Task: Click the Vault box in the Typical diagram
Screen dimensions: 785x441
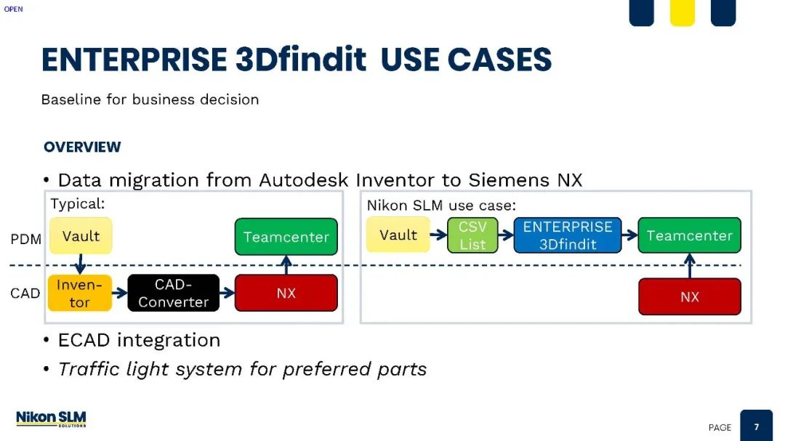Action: point(81,235)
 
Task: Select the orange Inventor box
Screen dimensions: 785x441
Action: point(80,293)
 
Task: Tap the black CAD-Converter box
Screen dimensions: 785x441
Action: point(173,293)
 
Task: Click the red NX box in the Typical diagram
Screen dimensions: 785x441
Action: point(286,293)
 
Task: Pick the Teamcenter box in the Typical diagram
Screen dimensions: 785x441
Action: point(286,236)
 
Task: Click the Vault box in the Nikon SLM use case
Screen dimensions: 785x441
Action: point(398,234)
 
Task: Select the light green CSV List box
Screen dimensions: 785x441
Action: point(472,235)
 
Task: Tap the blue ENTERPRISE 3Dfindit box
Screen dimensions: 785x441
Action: point(568,235)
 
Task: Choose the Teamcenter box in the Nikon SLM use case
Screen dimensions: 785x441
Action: point(689,235)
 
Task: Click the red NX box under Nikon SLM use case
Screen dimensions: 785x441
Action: point(689,296)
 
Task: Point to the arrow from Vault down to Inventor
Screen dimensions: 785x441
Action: point(80,264)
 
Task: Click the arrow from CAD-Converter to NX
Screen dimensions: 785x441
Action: point(228,293)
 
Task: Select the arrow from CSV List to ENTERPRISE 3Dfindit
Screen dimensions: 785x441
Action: point(506,235)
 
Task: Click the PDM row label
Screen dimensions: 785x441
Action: point(26,239)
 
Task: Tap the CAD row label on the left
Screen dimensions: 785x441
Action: point(25,293)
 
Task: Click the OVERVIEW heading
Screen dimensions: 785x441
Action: point(82,147)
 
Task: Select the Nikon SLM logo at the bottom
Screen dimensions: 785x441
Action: point(51,418)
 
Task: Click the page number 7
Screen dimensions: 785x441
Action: point(757,427)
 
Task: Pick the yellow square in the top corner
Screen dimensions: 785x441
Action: point(683,12)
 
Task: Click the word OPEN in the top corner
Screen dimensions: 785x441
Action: point(14,9)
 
